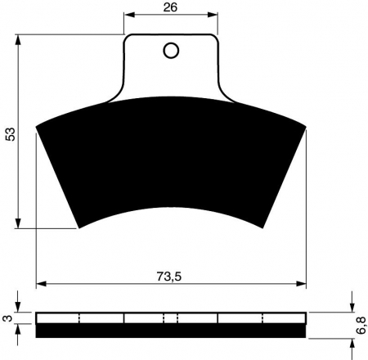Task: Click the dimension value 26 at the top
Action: click(172, 7)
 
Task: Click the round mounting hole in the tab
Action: click(171, 52)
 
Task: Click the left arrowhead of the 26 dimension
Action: click(128, 16)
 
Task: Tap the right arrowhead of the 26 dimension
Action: click(216, 16)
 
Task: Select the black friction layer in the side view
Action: click(172, 330)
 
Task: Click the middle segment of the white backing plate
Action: click(172, 317)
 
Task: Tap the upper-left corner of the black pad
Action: click(38, 127)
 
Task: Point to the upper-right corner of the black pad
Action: click(306, 127)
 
